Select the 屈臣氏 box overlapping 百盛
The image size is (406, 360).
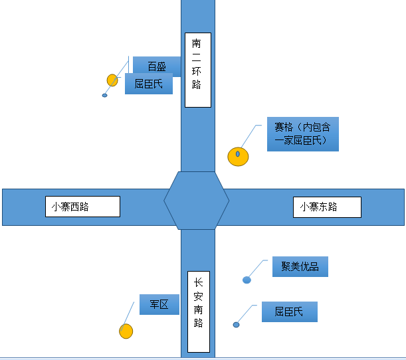[x=149, y=84]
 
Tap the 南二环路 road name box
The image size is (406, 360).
[x=197, y=70]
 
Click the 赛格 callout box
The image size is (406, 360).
[x=302, y=134]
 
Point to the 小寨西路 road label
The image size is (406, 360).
[x=82, y=206]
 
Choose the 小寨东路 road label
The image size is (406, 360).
[x=327, y=207]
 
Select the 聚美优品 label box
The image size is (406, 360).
[x=300, y=266]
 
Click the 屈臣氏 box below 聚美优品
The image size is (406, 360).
[x=289, y=312]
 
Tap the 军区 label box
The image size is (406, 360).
[x=159, y=304]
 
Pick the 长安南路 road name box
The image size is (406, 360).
[x=199, y=312]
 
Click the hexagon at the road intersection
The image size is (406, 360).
[x=197, y=200]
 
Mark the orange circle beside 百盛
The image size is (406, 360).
[x=112, y=80]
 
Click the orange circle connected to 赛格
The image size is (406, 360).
[x=238, y=156]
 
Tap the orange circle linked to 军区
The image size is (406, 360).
[x=126, y=331]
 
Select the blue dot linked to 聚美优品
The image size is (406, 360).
[x=247, y=280]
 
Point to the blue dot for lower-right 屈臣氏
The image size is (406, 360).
[x=236, y=325]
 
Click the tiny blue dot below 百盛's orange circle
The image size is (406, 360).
[x=104, y=96]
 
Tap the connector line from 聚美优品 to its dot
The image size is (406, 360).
[x=258, y=268]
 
